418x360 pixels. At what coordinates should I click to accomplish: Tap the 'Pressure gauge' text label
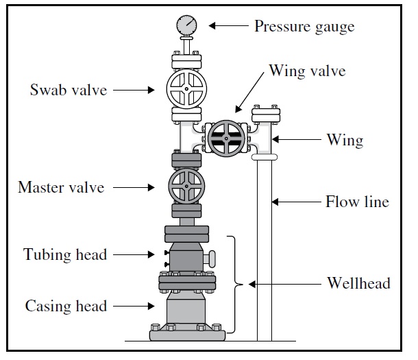click(x=304, y=27)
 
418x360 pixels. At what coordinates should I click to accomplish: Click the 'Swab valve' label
click(x=68, y=89)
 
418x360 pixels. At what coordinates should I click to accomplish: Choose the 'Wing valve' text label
click(x=306, y=71)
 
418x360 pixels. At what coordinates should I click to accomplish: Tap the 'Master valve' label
click(x=61, y=187)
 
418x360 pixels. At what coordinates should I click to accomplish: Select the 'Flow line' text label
click(x=356, y=202)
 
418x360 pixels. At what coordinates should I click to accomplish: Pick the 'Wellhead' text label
click(x=358, y=283)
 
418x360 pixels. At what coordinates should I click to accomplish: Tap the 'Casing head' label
click(x=66, y=305)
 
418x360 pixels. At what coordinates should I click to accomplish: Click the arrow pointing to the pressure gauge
click(x=228, y=27)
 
